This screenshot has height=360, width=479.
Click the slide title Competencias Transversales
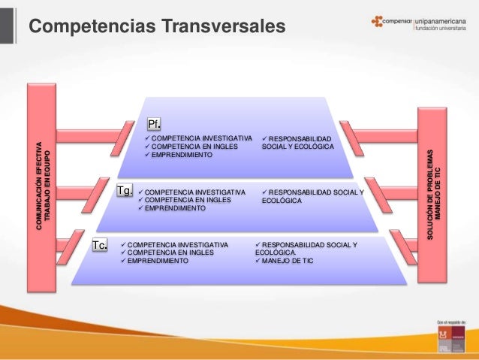click(x=157, y=27)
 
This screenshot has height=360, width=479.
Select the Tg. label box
click(x=125, y=191)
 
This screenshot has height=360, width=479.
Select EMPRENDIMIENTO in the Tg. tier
click(x=174, y=208)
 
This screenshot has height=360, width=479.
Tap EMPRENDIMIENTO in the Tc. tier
click(x=158, y=262)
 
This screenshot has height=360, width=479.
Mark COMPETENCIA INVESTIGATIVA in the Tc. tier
click(x=177, y=245)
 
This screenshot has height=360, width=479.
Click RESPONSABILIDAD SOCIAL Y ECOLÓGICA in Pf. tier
click(x=297, y=143)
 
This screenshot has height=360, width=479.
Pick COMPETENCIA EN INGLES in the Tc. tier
click(x=170, y=253)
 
